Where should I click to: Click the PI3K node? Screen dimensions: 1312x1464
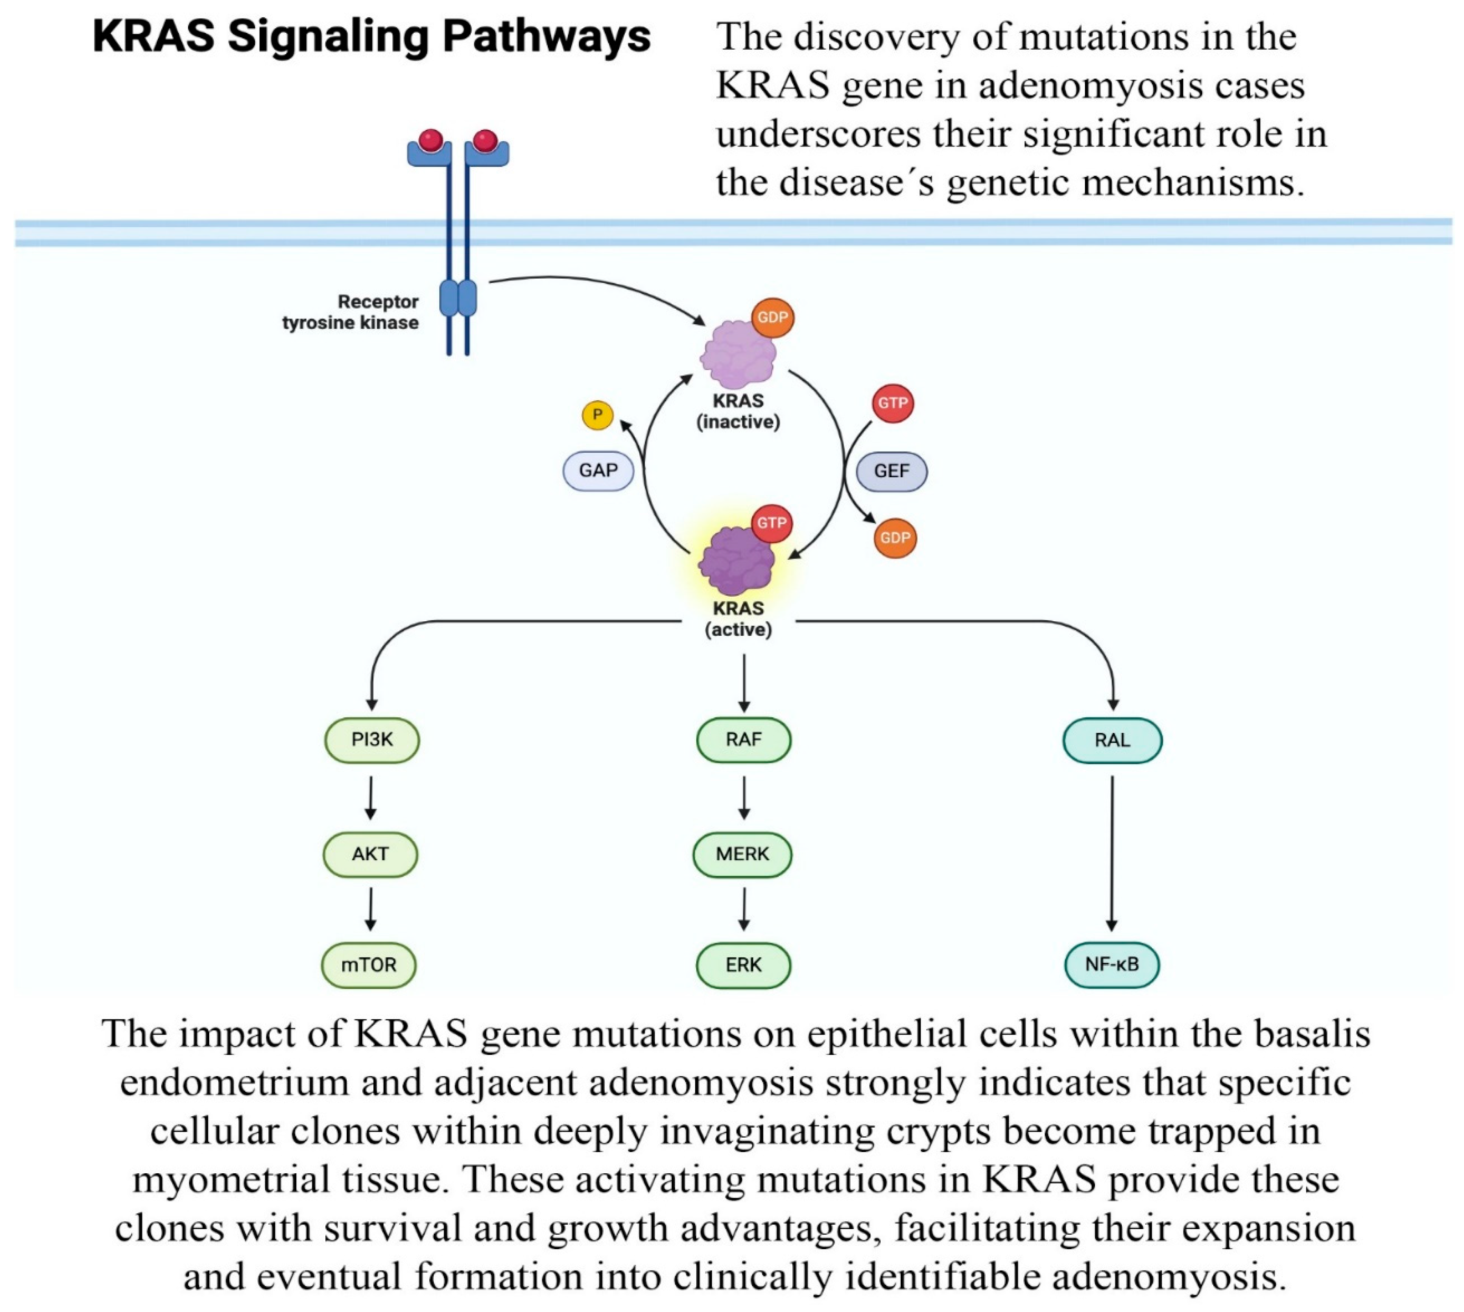371,740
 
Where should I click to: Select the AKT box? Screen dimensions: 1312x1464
370,854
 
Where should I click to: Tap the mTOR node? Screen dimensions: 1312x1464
368,964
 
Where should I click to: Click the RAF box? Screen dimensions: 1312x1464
743,740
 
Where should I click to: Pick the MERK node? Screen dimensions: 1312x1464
742,854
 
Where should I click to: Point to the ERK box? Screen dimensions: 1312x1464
743,964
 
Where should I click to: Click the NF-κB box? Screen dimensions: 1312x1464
1112,964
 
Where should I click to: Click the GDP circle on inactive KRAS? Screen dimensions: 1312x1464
772,317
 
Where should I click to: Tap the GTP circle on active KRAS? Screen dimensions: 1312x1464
771,523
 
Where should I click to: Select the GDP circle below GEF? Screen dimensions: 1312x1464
894,538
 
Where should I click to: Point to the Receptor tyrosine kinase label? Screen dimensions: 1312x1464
350,312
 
